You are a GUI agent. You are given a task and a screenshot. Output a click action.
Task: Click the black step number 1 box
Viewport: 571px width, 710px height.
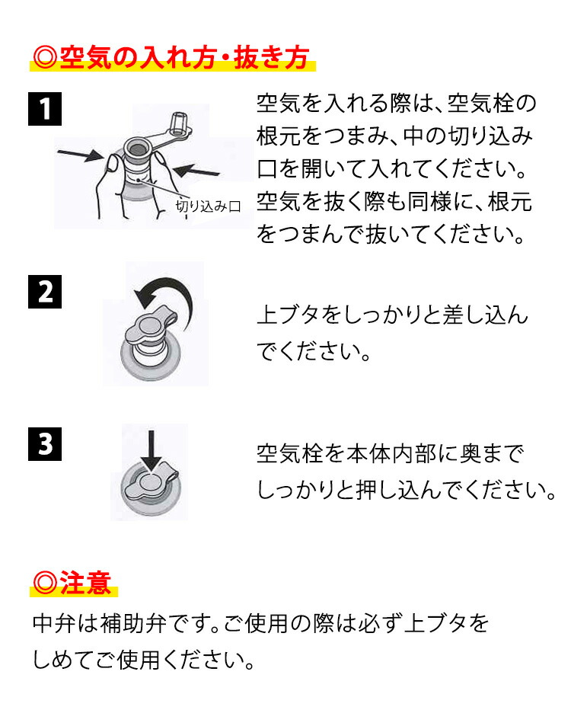click(x=45, y=109)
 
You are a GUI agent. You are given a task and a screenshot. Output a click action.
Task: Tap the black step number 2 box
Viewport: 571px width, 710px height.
click(x=45, y=292)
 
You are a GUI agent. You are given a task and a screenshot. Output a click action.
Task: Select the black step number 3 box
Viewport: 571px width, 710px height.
click(x=45, y=443)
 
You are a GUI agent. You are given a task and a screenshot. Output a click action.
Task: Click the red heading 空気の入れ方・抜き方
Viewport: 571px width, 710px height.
click(x=171, y=57)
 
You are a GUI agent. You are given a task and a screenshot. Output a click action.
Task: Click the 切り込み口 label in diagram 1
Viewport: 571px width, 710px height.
click(x=208, y=206)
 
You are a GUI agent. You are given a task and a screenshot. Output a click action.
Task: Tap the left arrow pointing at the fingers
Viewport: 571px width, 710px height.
click(x=81, y=155)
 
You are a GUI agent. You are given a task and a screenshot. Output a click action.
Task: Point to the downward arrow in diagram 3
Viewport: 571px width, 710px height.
click(x=151, y=450)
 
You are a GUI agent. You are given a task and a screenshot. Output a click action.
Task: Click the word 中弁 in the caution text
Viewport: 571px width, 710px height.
click(x=54, y=623)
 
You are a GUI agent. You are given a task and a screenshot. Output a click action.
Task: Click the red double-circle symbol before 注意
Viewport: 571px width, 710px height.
click(x=45, y=583)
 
